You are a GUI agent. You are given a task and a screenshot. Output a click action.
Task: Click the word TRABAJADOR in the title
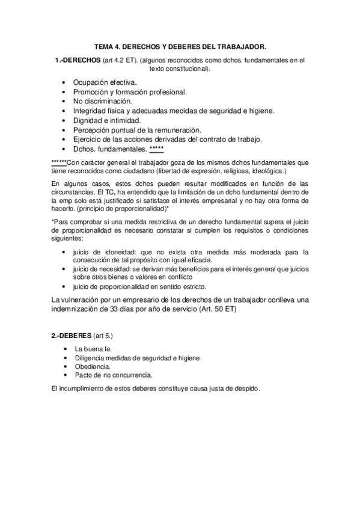[239, 46]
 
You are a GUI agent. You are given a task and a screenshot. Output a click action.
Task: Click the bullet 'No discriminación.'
[102, 101]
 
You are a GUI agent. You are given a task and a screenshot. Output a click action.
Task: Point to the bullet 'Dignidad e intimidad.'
[108, 120]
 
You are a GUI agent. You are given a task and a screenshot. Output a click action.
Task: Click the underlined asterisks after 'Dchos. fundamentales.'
[156, 149]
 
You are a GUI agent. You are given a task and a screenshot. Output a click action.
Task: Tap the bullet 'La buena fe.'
[94, 349]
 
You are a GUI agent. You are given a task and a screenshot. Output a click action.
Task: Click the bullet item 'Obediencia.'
[92, 366]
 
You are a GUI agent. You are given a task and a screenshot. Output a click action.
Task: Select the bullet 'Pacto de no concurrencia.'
[109, 375]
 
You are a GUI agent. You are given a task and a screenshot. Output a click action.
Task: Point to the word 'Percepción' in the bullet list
[91, 130]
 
